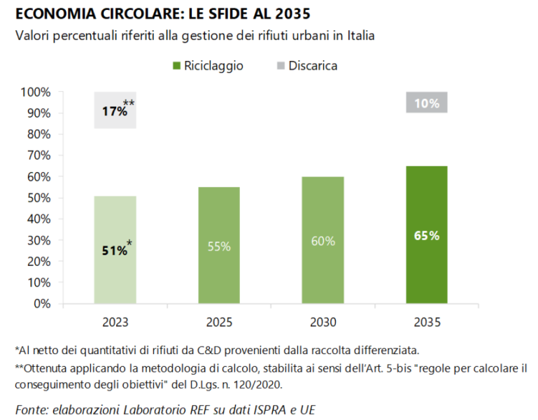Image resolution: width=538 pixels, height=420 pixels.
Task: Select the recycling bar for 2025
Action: tap(218, 245)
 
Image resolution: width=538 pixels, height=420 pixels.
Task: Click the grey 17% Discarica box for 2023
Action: tap(115, 110)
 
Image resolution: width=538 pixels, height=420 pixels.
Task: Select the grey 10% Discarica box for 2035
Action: tap(427, 103)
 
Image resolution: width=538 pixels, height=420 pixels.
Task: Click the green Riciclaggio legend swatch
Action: tap(176, 66)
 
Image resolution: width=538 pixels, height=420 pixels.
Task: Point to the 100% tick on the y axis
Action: tap(36, 92)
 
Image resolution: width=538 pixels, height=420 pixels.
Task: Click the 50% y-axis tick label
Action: tap(38, 198)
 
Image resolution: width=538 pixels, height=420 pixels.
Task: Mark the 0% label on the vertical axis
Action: tap(42, 304)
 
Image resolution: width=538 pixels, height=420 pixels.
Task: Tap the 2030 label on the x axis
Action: tap(323, 323)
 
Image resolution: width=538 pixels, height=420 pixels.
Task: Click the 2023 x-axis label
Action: tap(115, 323)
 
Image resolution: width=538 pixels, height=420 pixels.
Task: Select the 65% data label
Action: tap(427, 236)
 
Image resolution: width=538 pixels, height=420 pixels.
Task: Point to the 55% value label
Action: tap(218, 246)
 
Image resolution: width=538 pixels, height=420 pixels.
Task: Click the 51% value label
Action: tap(113, 251)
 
